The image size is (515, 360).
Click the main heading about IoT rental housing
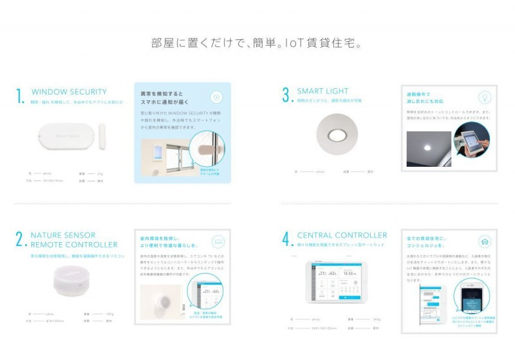(x=257, y=44)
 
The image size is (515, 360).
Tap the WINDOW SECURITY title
(x=69, y=92)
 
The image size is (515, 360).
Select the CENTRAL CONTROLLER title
(x=342, y=235)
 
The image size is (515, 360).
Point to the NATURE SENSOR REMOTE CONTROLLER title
(x=74, y=240)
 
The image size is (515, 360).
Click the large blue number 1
(x=21, y=96)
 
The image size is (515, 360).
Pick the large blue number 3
(x=286, y=95)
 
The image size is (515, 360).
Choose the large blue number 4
(x=286, y=240)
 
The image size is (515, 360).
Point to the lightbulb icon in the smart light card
(x=483, y=97)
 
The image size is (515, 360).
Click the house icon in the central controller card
(x=483, y=242)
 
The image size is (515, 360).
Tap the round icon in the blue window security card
(x=216, y=97)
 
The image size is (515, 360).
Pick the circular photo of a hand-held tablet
(x=471, y=140)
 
